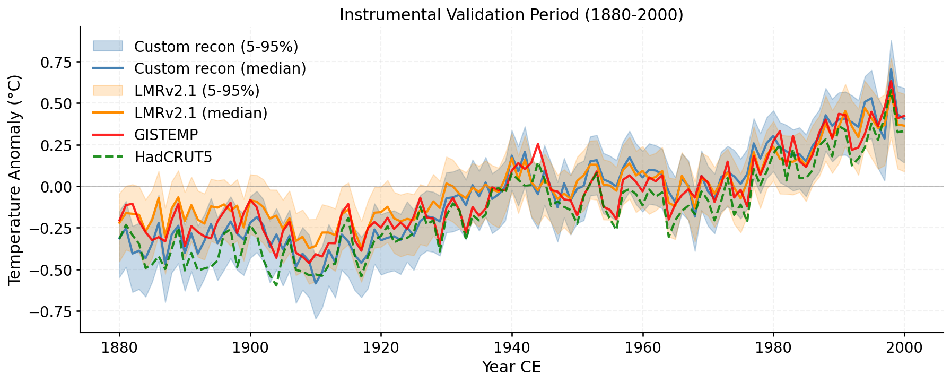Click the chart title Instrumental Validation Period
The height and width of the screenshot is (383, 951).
pos(511,14)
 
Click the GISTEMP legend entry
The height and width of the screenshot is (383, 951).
pos(166,135)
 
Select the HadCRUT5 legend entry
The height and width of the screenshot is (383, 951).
pos(173,157)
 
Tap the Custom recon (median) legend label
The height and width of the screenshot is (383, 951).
pos(220,68)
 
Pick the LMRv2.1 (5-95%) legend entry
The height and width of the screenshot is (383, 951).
pos(197,91)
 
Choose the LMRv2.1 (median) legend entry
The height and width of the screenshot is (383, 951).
pos(200,113)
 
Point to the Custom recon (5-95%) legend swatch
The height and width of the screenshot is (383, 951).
pos(108,46)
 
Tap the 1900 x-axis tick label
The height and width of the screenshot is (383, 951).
pos(250,348)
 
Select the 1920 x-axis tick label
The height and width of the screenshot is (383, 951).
pos(381,348)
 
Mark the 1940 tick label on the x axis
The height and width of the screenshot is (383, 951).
pos(512,348)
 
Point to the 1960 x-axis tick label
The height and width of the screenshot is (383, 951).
pos(642,348)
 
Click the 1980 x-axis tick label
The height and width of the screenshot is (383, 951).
pos(773,348)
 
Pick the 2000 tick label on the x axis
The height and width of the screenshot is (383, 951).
pos(904,348)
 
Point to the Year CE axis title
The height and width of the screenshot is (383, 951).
pos(511,367)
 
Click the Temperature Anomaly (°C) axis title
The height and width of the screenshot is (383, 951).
pos(15,180)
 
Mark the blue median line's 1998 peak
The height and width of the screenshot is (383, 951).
pos(891,69)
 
